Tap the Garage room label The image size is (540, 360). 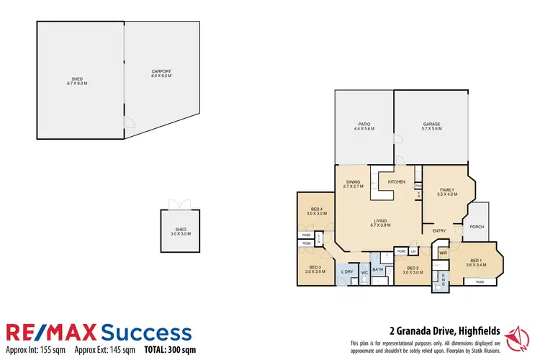[431, 124]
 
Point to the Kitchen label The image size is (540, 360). [397, 182]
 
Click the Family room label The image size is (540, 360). [446, 189]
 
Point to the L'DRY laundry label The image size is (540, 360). [347, 271]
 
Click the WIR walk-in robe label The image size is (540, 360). [444, 253]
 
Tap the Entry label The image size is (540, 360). [439, 231]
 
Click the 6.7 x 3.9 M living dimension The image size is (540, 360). [381, 225]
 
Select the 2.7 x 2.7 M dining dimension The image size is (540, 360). [353, 186]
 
